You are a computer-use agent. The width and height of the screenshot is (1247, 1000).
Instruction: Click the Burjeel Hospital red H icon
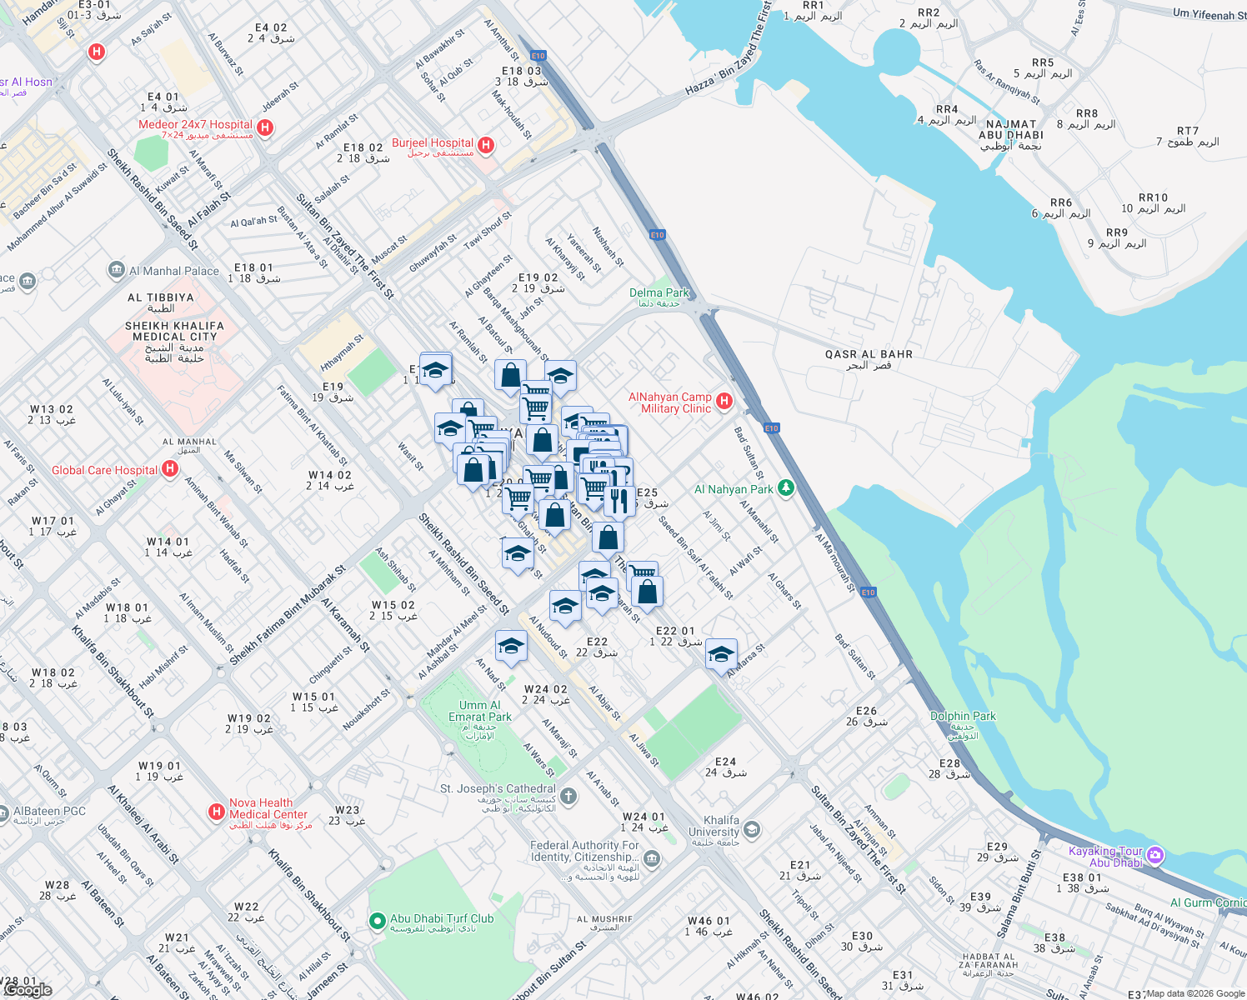pyautogui.click(x=486, y=146)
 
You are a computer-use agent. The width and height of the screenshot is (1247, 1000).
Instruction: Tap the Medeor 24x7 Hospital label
pyautogui.click(x=195, y=125)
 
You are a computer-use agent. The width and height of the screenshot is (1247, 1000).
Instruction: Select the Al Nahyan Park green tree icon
pyautogui.click(x=785, y=488)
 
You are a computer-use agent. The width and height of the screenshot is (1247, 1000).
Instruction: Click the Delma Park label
pyautogui.click(x=659, y=293)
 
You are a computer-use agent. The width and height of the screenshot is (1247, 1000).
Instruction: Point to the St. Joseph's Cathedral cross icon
pyautogui.click(x=568, y=796)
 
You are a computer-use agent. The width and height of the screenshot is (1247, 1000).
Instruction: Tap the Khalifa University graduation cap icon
pyautogui.click(x=752, y=828)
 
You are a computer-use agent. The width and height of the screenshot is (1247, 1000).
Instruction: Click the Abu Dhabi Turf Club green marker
pyautogui.click(x=377, y=921)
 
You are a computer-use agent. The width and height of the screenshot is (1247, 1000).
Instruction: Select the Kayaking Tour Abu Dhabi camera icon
pyautogui.click(x=1154, y=855)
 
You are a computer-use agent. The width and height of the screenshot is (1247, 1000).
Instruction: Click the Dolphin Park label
pyautogui.click(x=963, y=717)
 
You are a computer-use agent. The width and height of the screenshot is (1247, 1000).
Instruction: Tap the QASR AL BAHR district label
pyautogui.click(x=869, y=355)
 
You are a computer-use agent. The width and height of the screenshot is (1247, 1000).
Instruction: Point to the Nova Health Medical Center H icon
pyautogui.click(x=216, y=811)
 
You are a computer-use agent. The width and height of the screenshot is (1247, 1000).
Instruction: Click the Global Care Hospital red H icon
pyautogui.click(x=170, y=469)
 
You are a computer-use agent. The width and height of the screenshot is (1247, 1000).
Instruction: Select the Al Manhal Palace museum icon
pyautogui.click(x=117, y=270)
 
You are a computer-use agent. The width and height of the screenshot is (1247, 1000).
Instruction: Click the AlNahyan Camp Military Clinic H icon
pyautogui.click(x=724, y=402)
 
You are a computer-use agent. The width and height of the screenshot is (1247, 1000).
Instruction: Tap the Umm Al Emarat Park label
pyautogui.click(x=479, y=711)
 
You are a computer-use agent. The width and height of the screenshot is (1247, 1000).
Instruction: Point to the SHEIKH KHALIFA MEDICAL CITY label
pyautogui.click(x=174, y=332)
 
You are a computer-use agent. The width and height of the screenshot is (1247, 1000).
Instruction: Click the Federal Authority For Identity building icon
pyautogui.click(x=652, y=858)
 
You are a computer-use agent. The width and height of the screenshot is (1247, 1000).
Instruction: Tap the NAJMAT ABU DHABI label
pyautogui.click(x=1010, y=130)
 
